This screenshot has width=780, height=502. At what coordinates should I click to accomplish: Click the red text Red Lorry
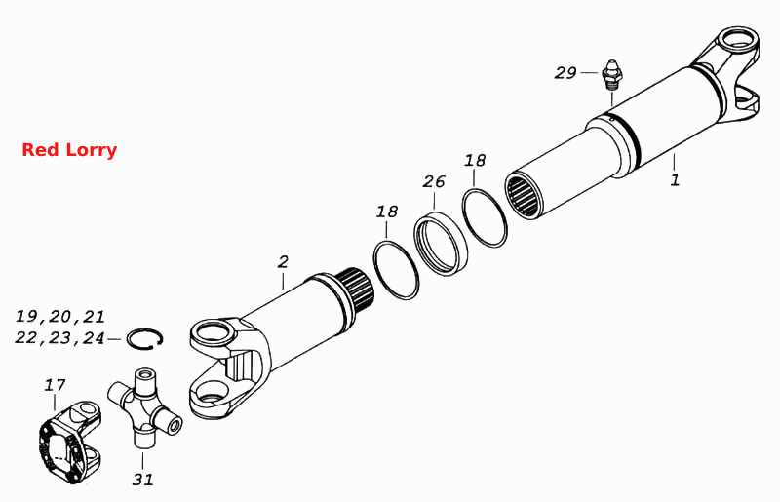click(x=69, y=150)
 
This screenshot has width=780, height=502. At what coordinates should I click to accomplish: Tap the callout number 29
click(x=565, y=73)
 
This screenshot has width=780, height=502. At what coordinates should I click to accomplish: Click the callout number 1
click(x=675, y=179)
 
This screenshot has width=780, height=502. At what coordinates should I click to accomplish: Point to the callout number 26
click(x=433, y=181)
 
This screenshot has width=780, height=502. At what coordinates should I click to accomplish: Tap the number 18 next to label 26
click(x=475, y=160)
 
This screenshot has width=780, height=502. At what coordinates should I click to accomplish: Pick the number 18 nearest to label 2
click(x=386, y=212)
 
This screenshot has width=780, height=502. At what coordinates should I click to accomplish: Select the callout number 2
click(x=283, y=261)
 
